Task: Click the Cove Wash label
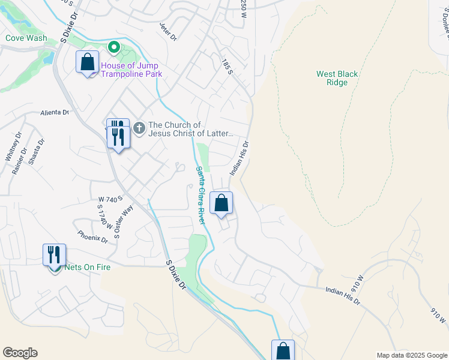pos(26,38)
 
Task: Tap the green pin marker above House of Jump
pos(113,47)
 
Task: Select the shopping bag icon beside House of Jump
pos(88,61)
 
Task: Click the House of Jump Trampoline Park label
pos(131,70)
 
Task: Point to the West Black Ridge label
pos(337,79)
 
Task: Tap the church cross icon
pos(139,128)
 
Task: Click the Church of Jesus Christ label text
pos(190,130)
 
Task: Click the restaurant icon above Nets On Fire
pos(55,254)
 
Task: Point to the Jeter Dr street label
pos(169,32)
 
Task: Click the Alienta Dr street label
pos(56,112)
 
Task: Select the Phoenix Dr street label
pos(92,237)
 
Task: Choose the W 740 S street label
pos(110,198)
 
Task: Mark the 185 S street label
pos(226,67)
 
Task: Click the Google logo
pos(20,353)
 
